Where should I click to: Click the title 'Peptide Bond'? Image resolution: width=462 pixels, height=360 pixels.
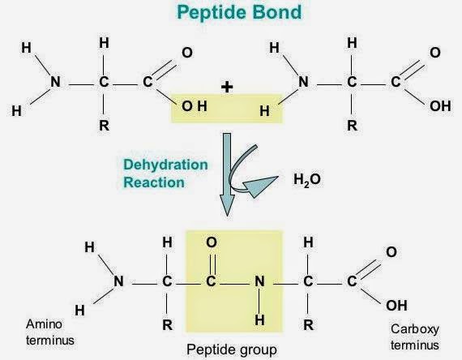(239, 12)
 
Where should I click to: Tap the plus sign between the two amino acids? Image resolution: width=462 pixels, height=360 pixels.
(227, 87)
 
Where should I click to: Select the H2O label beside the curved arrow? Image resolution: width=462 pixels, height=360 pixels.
(306, 179)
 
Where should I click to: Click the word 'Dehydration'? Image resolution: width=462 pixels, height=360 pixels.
(165, 165)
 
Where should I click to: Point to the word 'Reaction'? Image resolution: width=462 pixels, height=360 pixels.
(154, 182)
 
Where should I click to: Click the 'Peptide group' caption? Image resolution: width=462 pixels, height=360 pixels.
(232, 349)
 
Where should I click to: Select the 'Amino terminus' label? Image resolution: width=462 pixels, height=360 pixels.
(49, 332)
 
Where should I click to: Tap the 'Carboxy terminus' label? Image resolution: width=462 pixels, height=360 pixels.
(415, 336)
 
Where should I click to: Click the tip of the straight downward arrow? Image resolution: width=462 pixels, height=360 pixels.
(227, 216)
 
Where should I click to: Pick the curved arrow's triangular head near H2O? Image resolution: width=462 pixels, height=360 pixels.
(261, 186)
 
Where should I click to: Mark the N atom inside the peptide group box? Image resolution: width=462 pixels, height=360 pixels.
(259, 281)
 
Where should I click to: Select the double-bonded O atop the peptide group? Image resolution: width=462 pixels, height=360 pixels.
(212, 242)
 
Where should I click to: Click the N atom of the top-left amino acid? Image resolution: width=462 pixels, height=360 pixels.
(55, 82)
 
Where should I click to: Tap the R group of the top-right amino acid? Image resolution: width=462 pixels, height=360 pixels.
(352, 126)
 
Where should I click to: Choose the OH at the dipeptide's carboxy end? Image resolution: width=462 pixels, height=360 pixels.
(396, 306)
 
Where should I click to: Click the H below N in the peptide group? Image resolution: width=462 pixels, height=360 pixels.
(259, 320)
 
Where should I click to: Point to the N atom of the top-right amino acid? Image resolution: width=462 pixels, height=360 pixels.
(303, 82)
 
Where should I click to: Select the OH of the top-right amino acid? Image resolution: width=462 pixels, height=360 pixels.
(440, 106)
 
